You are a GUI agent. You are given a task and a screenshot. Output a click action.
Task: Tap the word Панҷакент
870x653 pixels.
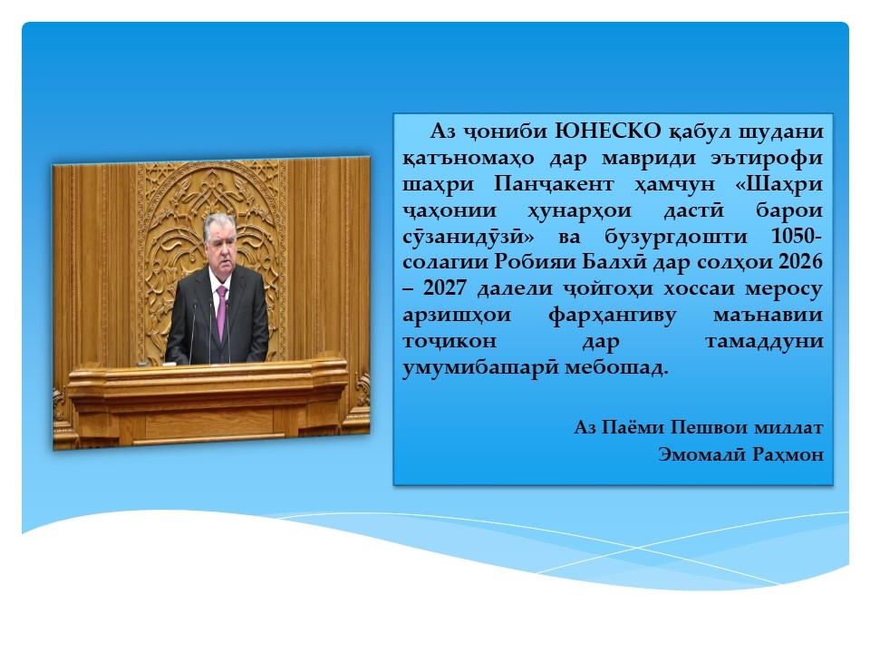point(554,184)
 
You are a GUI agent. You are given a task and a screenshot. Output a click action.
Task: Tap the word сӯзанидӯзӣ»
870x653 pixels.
point(469,237)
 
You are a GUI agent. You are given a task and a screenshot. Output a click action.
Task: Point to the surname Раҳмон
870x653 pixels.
point(788,454)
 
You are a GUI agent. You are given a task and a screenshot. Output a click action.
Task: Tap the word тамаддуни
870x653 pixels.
point(764,341)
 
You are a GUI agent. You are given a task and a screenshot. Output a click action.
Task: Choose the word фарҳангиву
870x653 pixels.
point(612,316)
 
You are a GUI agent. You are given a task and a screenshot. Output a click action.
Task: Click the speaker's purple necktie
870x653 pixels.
point(221,312)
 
